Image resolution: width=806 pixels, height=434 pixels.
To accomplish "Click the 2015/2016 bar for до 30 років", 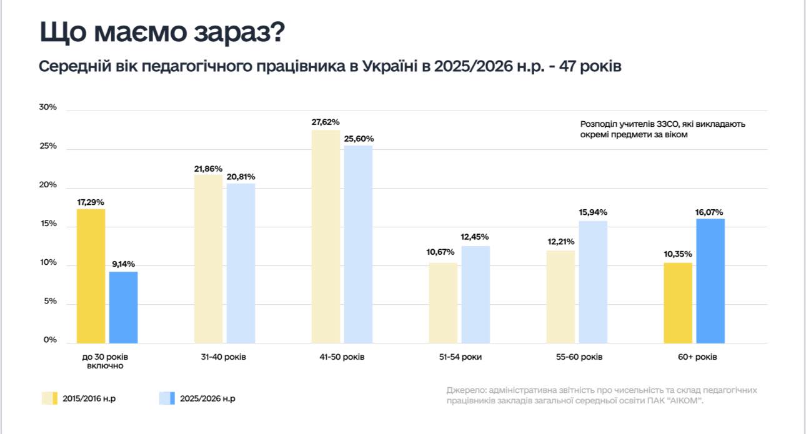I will tap(91, 276).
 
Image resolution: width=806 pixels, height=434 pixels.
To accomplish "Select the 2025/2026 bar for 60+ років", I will tap(711, 280).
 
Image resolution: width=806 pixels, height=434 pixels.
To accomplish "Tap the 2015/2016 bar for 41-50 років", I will tap(326, 237).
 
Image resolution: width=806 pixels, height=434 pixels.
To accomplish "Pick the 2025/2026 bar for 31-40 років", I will tap(241, 263).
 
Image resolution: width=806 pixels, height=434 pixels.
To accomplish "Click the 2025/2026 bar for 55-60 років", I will tap(593, 282).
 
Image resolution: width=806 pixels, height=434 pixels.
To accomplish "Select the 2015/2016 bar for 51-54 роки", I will tap(443, 303).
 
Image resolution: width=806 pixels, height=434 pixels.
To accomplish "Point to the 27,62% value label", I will tap(326, 122).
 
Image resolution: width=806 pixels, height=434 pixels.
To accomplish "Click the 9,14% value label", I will tap(123, 264).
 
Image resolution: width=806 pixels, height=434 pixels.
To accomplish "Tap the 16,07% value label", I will tap(711, 212).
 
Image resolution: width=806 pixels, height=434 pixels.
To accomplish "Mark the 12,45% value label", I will tap(475, 237).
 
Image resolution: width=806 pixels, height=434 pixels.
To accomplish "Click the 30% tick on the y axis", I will tap(48, 107).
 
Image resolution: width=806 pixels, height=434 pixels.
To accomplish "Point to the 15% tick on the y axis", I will tap(48, 224).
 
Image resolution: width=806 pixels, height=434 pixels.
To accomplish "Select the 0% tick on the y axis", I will tap(50, 340).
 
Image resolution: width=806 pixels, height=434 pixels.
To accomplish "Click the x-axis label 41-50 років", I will tap(341, 357).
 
